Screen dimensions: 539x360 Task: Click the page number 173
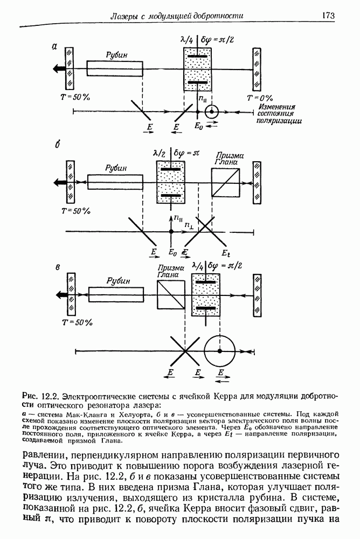click(x=329, y=16)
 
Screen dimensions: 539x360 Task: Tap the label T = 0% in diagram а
click(x=259, y=98)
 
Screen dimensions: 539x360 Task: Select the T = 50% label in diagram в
click(x=76, y=322)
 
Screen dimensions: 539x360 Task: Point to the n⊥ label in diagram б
click(x=189, y=224)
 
